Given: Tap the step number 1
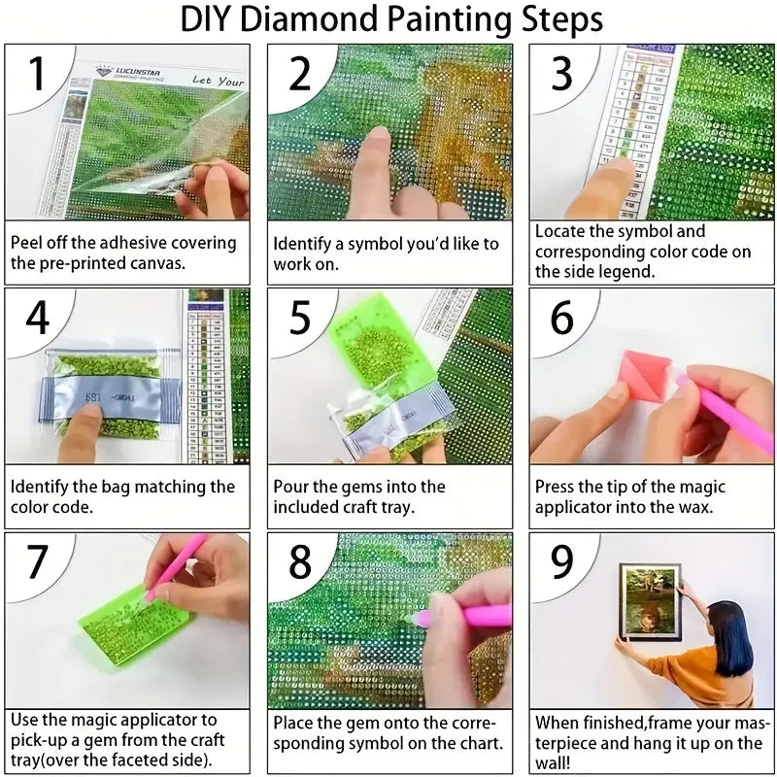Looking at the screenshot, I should point(37,73).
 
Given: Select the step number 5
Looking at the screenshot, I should point(299,318).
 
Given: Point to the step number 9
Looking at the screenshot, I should point(561,561).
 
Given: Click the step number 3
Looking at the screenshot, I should point(561,73).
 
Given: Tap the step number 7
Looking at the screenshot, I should point(37,561).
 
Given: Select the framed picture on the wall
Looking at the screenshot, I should point(650,601).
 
